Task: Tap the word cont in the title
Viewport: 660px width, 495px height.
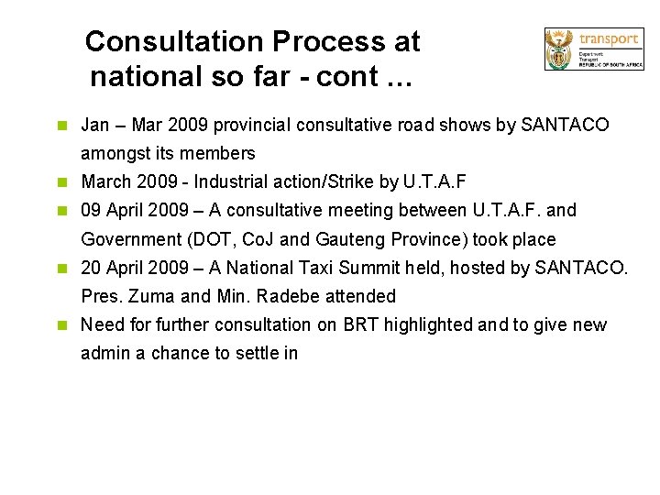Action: coord(347,77)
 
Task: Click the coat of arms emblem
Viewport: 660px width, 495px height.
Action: coord(558,49)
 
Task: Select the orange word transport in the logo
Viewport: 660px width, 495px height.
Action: coord(609,38)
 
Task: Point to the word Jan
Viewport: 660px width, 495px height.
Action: coord(95,125)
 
